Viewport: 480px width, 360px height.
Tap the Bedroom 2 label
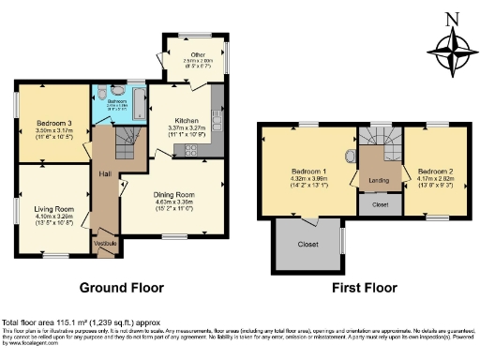(435, 172)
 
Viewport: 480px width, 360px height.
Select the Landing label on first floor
(381, 179)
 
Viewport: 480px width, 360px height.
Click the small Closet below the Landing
(381, 203)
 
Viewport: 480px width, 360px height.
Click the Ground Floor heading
(121, 288)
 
